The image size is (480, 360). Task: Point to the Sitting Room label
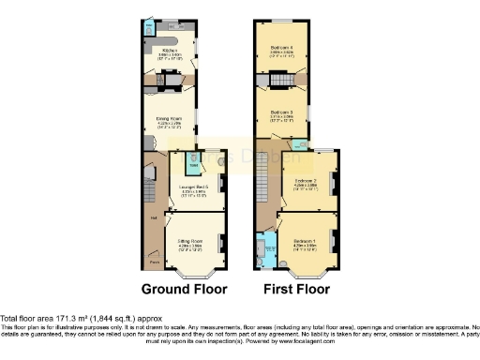(191, 241)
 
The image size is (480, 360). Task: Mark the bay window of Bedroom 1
(305, 273)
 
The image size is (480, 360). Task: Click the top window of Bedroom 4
(282, 21)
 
